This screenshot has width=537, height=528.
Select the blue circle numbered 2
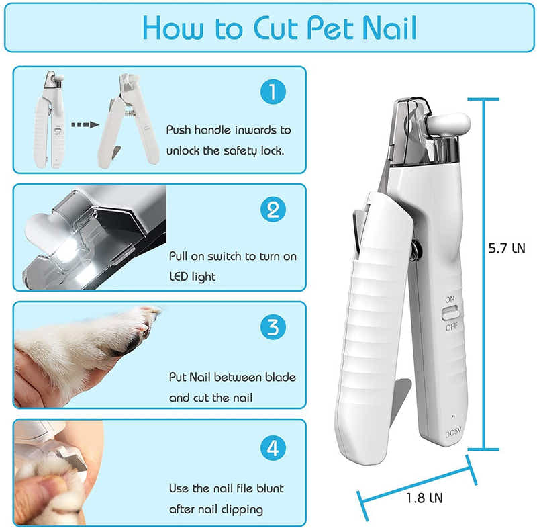click(273, 210)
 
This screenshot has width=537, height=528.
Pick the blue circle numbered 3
click(273, 328)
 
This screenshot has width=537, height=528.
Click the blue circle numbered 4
click(273, 447)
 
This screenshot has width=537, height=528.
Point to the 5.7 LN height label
click(506, 248)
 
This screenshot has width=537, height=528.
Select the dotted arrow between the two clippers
click(85, 124)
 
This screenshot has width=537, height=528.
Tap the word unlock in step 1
click(183, 150)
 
